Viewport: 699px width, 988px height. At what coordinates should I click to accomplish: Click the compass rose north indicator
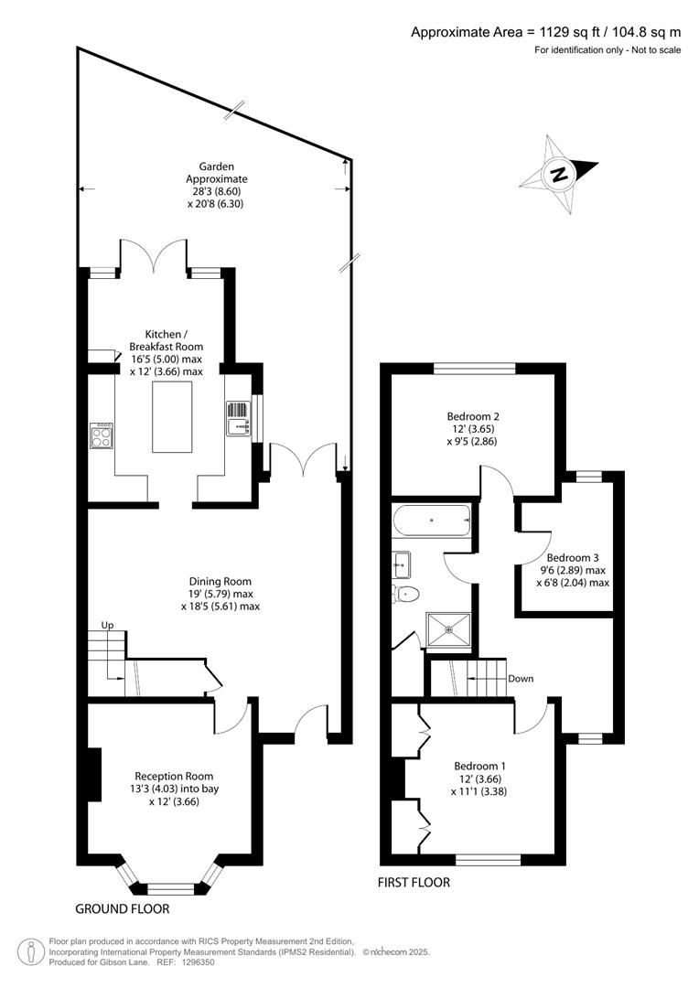[558, 174]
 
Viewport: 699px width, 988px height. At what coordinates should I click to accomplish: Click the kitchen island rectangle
[172, 417]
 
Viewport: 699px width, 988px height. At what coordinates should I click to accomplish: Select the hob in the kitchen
[101, 435]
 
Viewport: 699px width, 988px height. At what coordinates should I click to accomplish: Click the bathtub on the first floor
[431, 523]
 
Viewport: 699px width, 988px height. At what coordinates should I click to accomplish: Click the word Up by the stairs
[107, 626]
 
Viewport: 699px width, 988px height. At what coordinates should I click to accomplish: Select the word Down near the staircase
[521, 679]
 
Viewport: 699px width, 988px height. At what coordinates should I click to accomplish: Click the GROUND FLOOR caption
[122, 909]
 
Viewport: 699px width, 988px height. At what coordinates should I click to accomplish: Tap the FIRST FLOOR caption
[414, 883]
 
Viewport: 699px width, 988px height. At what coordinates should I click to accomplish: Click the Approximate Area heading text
[545, 32]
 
